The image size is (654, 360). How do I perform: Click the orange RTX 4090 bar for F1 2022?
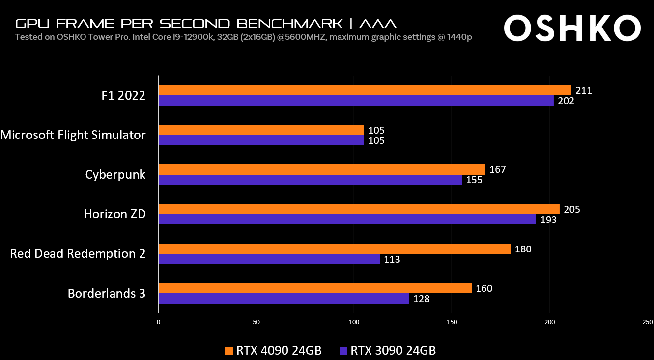point(365,90)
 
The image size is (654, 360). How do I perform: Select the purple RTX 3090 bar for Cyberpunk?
point(310,180)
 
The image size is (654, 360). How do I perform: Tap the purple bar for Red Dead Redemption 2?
point(269,259)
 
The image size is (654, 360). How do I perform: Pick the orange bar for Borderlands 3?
point(315,288)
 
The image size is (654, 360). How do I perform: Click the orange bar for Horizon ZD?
point(359,209)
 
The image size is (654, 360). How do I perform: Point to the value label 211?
point(584,90)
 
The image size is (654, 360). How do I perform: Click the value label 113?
point(392,259)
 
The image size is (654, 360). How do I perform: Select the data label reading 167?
point(498,170)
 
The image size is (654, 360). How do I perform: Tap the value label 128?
point(421,299)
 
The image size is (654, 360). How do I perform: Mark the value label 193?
point(548,220)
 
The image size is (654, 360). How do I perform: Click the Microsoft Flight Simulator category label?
point(73,135)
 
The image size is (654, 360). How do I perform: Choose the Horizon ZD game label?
point(115,214)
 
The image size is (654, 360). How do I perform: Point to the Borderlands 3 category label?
point(107,294)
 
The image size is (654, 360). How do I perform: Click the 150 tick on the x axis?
point(452,322)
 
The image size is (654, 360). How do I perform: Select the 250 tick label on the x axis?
point(648,322)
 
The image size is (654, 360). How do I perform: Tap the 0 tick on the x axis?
point(158,322)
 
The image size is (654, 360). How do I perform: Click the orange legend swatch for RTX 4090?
point(228,351)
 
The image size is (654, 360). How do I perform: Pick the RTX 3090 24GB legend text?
point(393,351)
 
